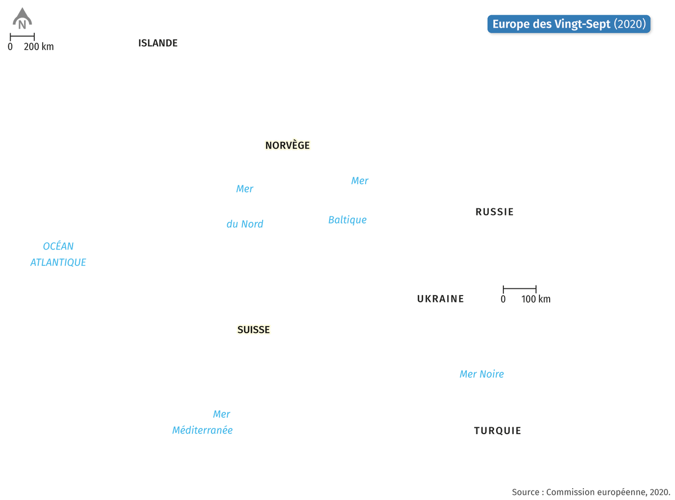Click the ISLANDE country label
(157, 43)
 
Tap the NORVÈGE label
(287, 145)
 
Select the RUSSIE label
(494, 212)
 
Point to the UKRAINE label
(440, 298)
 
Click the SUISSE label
(253, 330)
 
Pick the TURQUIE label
(497, 431)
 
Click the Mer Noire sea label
(481, 374)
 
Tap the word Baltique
(347, 220)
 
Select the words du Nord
(245, 224)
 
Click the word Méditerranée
(202, 430)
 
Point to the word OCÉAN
(58, 245)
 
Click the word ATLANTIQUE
(58, 262)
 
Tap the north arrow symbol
(22, 18)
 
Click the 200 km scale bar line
(22, 37)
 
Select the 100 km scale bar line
(519, 288)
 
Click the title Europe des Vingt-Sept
(551, 24)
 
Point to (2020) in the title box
(629, 24)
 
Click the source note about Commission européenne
(591, 492)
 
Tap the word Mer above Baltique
(359, 181)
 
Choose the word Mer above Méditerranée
(221, 414)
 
